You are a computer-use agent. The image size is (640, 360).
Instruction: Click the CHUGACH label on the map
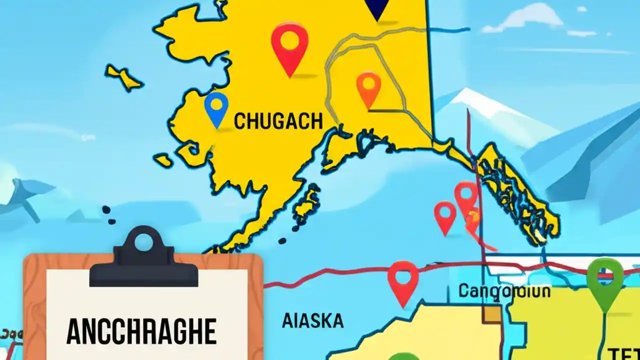pyautogui.click(x=278, y=121)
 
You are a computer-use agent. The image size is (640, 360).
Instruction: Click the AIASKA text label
pyautogui.click(x=312, y=320)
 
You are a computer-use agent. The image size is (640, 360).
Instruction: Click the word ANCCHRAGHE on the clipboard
pyautogui.click(x=141, y=330)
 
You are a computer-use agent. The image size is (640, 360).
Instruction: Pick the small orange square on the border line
pyautogui.click(x=491, y=314)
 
